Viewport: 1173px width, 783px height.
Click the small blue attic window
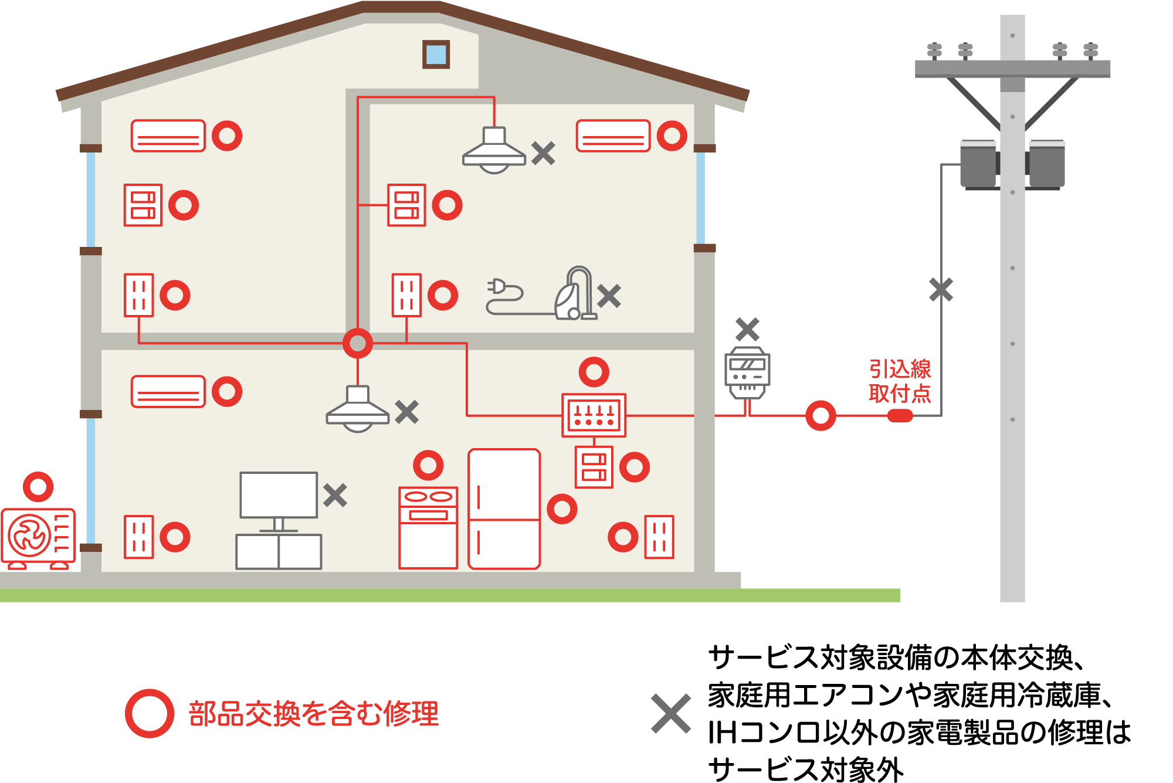(x=436, y=55)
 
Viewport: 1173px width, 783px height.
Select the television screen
(x=279, y=495)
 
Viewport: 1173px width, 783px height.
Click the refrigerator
(x=504, y=509)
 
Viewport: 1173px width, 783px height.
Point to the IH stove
(x=428, y=528)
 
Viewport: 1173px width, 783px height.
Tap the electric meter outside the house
(x=747, y=373)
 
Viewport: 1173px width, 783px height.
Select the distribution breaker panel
(x=594, y=415)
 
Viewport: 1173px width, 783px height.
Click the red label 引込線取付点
(x=900, y=381)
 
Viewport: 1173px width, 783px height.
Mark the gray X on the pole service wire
(x=941, y=290)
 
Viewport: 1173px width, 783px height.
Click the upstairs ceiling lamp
(x=494, y=150)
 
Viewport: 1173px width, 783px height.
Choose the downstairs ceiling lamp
(x=358, y=409)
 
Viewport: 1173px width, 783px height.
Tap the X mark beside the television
(x=335, y=496)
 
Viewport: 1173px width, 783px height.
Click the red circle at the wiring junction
(x=358, y=344)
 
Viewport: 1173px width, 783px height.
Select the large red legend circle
(x=150, y=713)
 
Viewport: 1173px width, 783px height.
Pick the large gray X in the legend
(x=671, y=714)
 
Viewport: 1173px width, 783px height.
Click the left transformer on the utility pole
(x=978, y=165)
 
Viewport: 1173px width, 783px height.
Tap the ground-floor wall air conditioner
(x=168, y=391)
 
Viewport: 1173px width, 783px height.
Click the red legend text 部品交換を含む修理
(x=314, y=714)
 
